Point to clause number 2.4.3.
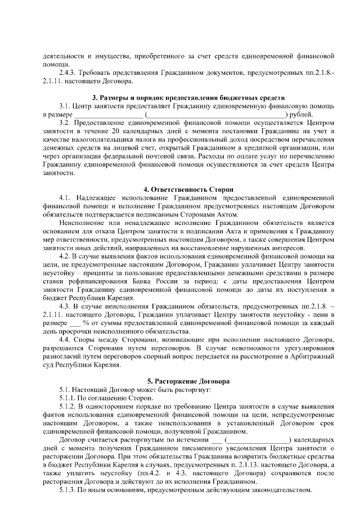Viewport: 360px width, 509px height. [x=68, y=73]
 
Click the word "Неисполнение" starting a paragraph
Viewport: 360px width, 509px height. [x=82, y=223]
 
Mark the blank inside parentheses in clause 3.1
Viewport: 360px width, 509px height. [x=215, y=114]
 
